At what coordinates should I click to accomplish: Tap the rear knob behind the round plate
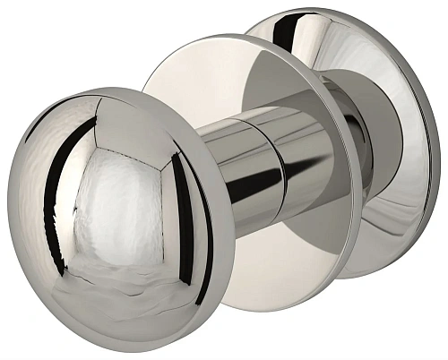point(394,134)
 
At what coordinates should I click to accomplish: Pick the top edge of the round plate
point(260,38)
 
